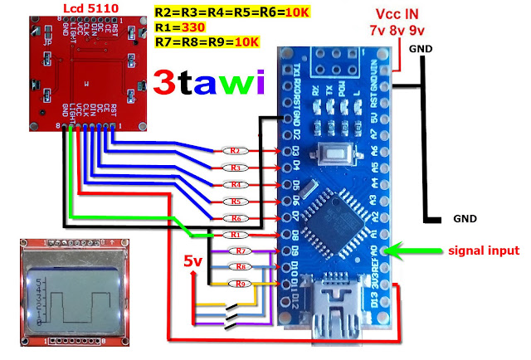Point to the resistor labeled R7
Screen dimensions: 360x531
pyautogui.click(x=241, y=251)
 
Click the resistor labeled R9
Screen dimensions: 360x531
pyautogui.click(x=241, y=284)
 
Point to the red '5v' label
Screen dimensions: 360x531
pyautogui.click(x=192, y=262)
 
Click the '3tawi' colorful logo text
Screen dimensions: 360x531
pyautogui.click(x=208, y=82)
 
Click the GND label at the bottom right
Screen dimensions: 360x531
pyautogui.click(x=464, y=221)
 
